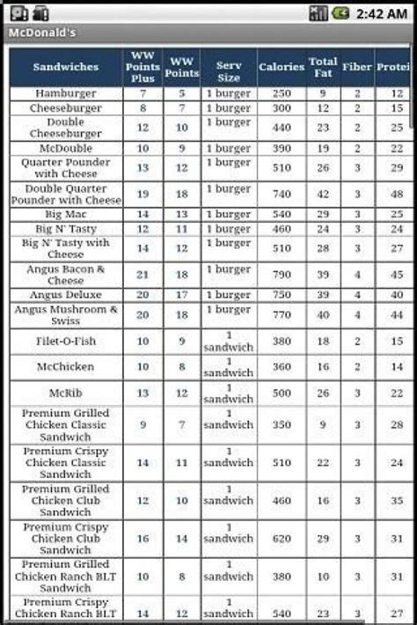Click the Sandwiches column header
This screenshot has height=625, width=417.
pyautogui.click(x=66, y=67)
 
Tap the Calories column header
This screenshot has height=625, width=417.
pyautogui.click(x=281, y=67)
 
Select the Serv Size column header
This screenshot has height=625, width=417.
pyautogui.click(x=228, y=67)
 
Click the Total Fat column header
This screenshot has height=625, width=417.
pyautogui.click(x=323, y=67)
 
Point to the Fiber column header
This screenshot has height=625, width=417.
pyautogui.click(x=357, y=67)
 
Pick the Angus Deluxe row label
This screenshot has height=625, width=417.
pyautogui.click(x=66, y=295)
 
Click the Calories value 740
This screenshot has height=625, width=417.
pyautogui.click(x=281, y=194)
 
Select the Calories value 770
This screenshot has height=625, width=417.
pyautogui.click(x=281, y=315)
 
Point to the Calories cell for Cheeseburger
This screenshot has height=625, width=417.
pyautogui.click(x=281, y=108)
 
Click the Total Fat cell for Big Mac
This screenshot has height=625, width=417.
pyautogui.click(x=323, y=214)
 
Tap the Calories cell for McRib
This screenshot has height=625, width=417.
pyautogui.click(x=281, y=393)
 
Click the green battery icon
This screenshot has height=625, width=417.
pyautogui.click(x=340, y=12)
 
